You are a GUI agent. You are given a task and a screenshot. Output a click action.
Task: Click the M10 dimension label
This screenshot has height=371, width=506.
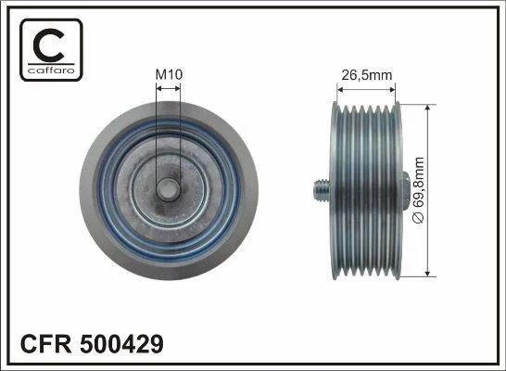click(x=169, y=74)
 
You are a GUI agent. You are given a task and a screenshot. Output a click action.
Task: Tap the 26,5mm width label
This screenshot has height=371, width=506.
click(x=367, y=75)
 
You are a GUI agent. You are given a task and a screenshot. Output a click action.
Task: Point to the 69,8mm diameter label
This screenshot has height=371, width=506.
click(x=419, y=190)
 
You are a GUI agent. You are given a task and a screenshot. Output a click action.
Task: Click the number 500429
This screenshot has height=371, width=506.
click(x=121, y=344)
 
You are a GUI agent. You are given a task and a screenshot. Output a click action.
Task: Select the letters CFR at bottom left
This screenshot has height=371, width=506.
click(x=45, y=344)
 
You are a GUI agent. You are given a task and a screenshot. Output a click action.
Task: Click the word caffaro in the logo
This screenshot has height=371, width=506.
click(x=51, y=70)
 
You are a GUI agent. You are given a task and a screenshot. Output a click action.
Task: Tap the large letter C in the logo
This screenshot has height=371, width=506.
click(x=48, y=45)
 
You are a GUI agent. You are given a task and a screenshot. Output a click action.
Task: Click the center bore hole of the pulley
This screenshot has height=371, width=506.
click(x=168, y=190)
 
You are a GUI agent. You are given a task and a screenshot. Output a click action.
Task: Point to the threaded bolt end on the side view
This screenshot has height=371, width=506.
click(x=322, y=190)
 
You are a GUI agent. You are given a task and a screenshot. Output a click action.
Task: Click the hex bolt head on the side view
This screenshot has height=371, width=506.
click(x=406, y=190)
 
